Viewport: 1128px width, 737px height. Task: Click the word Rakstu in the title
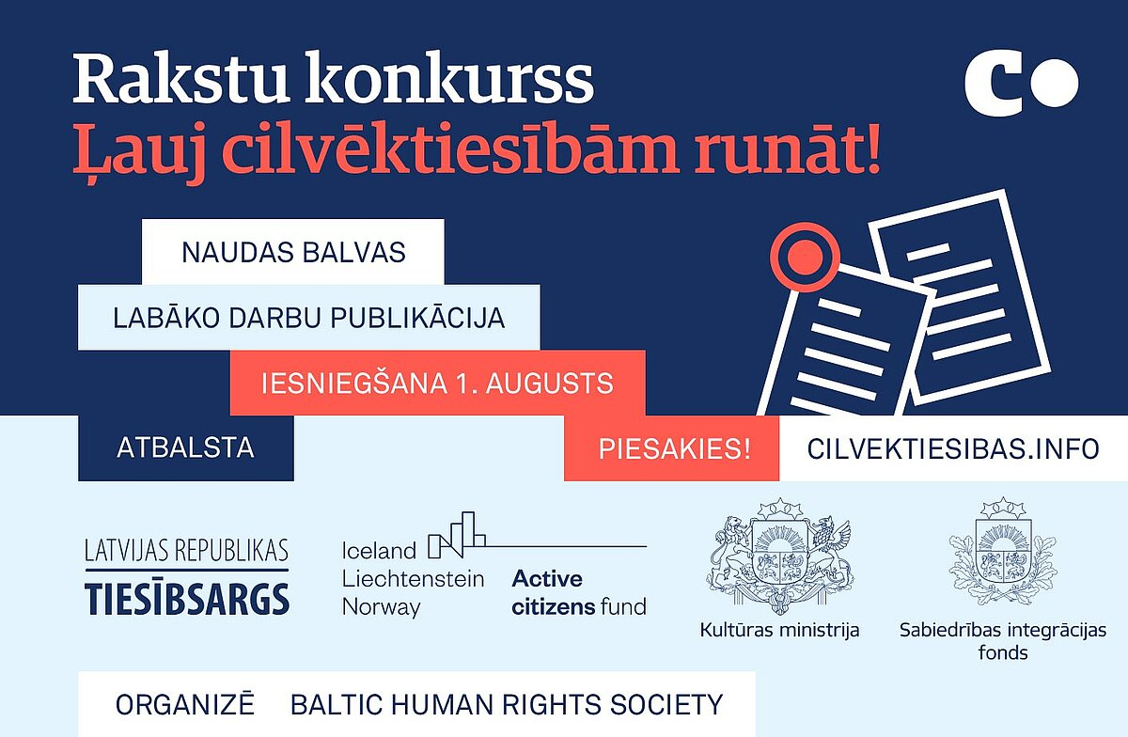[180, 78]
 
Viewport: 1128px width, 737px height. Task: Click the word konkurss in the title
[449, 78]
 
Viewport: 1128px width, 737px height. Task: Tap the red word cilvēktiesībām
[449, 149]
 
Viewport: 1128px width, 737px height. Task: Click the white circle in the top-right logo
[1055, 83]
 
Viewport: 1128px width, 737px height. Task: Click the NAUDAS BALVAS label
[293, 252]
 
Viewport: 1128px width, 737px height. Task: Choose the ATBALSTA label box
[186, 447]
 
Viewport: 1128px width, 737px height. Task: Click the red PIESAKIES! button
[672, 448]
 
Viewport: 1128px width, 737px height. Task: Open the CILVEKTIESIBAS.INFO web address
[953, 448]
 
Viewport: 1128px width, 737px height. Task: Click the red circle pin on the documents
[806, 258]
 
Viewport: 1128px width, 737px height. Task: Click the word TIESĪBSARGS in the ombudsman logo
[187, 599]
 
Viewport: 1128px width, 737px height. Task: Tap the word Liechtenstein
[413, 579]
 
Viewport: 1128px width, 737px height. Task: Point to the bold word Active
[547, 579]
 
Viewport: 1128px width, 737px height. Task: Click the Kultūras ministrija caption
[779, 630]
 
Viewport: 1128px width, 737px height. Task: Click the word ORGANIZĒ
[185, 704]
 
